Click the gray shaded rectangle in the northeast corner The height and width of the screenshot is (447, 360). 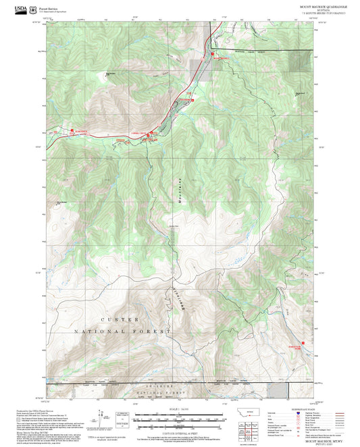click(x=299, y=60)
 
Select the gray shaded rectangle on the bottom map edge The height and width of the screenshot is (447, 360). click(x=278, y=390)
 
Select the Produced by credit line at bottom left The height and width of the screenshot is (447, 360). click(x=34, y=409)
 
